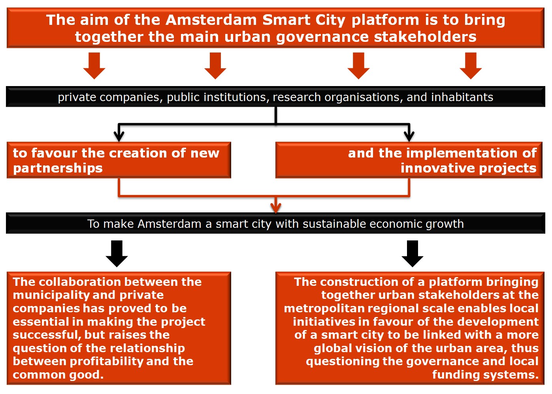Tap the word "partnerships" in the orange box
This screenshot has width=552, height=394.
[x=58, y=169]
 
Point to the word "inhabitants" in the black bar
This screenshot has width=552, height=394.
[x=462, y=97]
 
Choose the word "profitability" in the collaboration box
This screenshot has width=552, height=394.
[x=106, y=361]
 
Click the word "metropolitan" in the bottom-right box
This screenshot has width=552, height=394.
[x=324, y=309]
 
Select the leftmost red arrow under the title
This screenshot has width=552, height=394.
[x=94, y=66]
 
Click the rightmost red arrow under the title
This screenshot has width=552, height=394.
[x=471, y=66]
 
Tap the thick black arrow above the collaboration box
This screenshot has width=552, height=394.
[x=117, y=253]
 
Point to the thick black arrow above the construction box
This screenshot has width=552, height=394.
[x=413, y=253]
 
